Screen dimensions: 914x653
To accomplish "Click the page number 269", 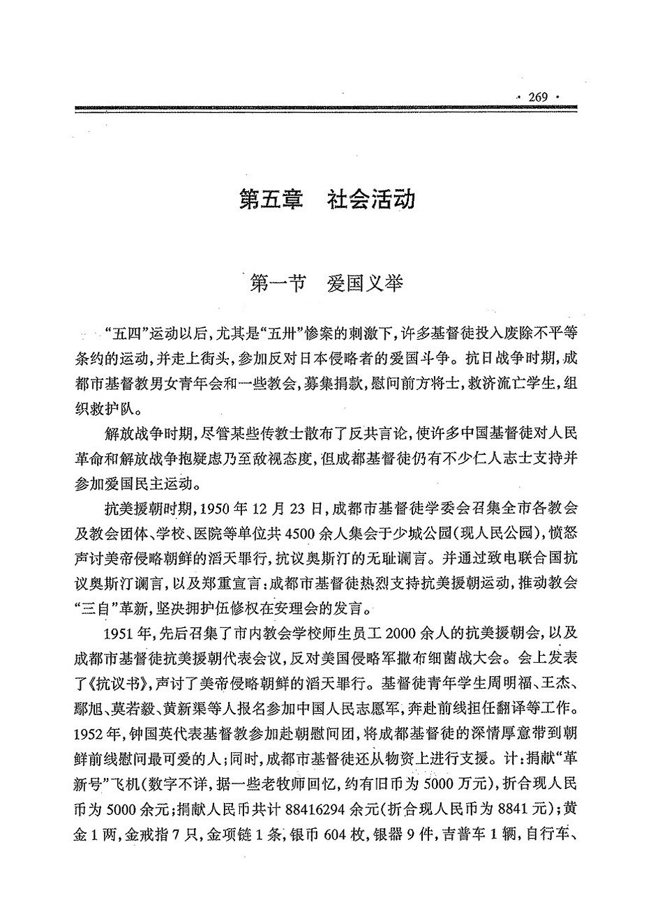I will pos(541,96).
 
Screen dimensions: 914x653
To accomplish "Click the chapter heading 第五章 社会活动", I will pos(326,200).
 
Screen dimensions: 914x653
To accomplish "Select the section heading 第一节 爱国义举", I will pos(326,285).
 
